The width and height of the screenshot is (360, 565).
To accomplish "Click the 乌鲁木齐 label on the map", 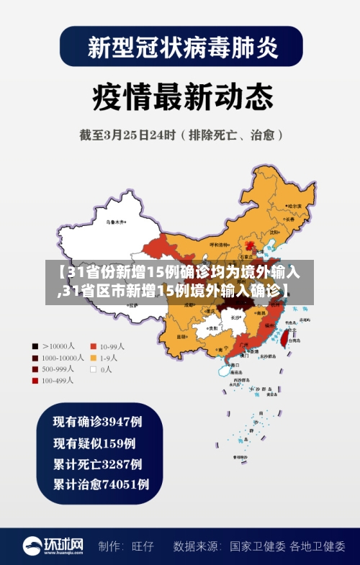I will coord(115,222).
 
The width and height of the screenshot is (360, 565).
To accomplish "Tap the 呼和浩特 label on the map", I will coord(218,245).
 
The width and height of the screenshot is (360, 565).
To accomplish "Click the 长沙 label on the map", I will coord(235,316).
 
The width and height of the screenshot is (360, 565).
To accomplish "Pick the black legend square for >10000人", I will coord(35,345).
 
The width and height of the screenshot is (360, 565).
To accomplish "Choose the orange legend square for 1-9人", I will coord(94,357).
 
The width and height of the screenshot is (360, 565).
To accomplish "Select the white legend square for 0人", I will coord(94,369).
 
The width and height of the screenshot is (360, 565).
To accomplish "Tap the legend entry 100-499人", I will coord(62,381).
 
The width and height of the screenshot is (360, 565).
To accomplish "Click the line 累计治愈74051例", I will coord(102,484).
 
